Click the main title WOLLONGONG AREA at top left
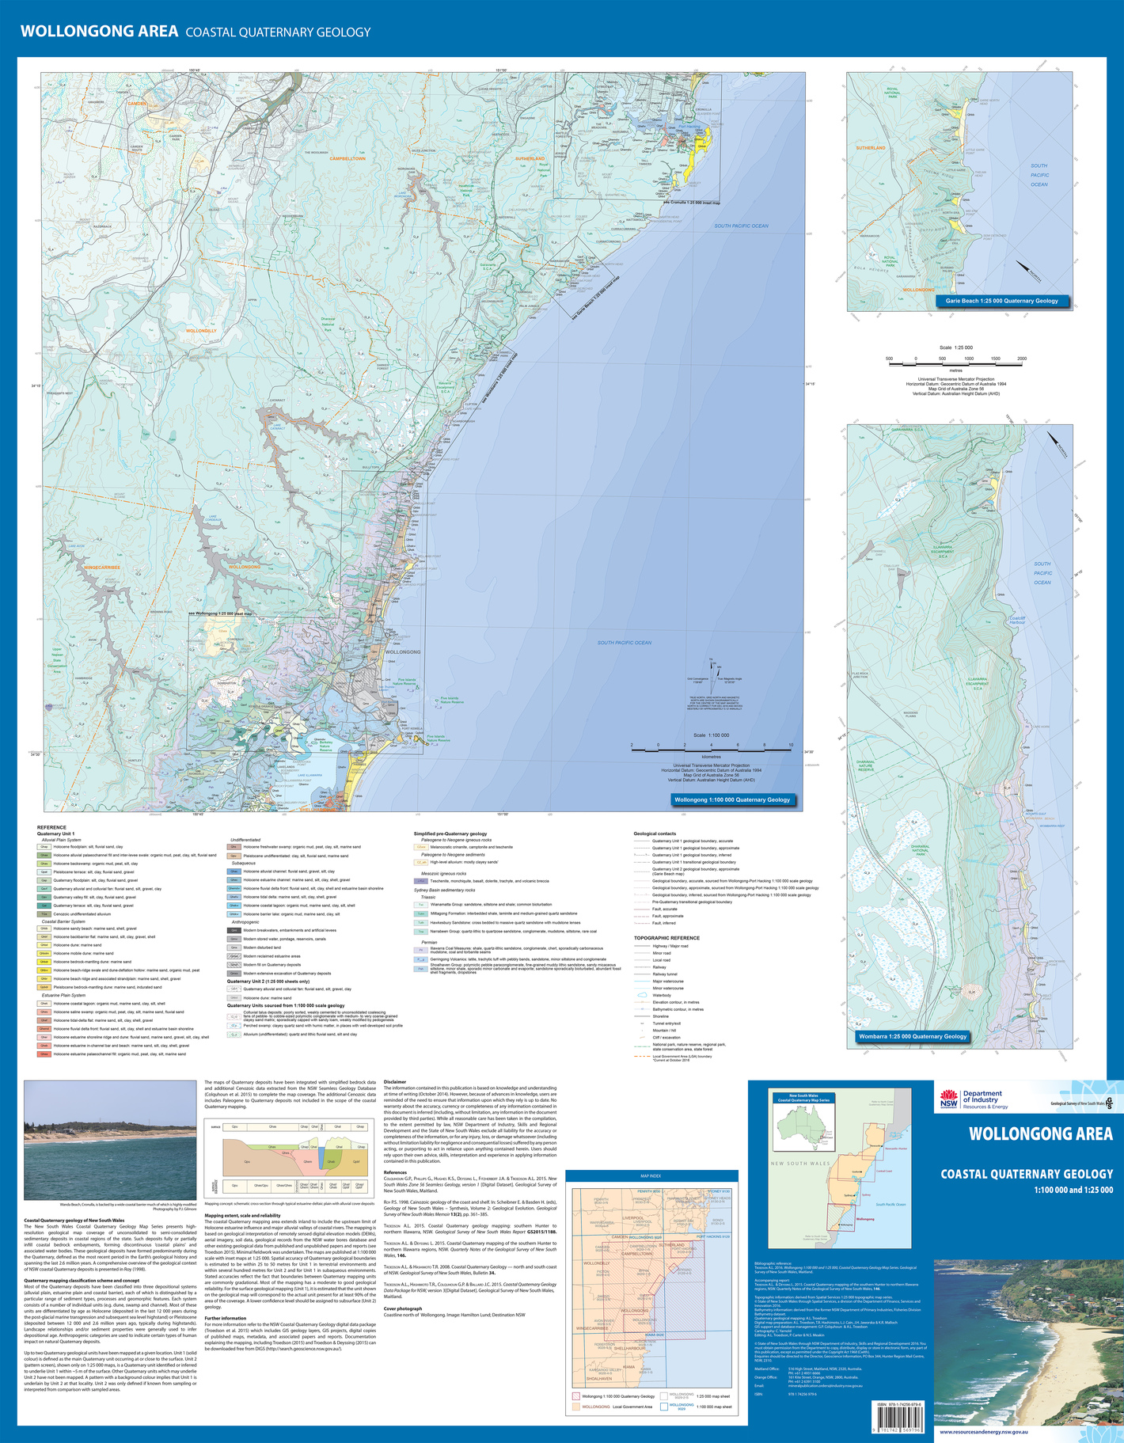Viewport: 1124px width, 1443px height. tap(99, 32)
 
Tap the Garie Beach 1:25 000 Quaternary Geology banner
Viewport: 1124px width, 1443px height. tap(1001, 301)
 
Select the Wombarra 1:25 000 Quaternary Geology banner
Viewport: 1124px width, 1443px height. tap(913, 1036)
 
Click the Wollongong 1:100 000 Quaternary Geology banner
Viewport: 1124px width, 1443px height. tap(731, 799)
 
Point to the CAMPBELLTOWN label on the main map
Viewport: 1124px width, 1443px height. tap(347, 158)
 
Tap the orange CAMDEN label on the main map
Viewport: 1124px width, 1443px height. tap(138, 104)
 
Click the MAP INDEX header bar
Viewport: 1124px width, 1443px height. tap(651, 1176)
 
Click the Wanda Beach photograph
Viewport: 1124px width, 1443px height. tap(110, 1141)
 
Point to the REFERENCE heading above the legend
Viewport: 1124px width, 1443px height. tap(52, 827)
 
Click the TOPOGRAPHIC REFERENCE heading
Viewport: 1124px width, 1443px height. tap(666, 938)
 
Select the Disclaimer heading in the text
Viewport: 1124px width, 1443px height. tap(395, 1081)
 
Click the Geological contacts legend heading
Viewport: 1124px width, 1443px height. tap(655, 834)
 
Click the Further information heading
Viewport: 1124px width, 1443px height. tap(226, 1318)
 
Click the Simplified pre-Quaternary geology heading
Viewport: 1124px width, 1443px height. tap(450, 834)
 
